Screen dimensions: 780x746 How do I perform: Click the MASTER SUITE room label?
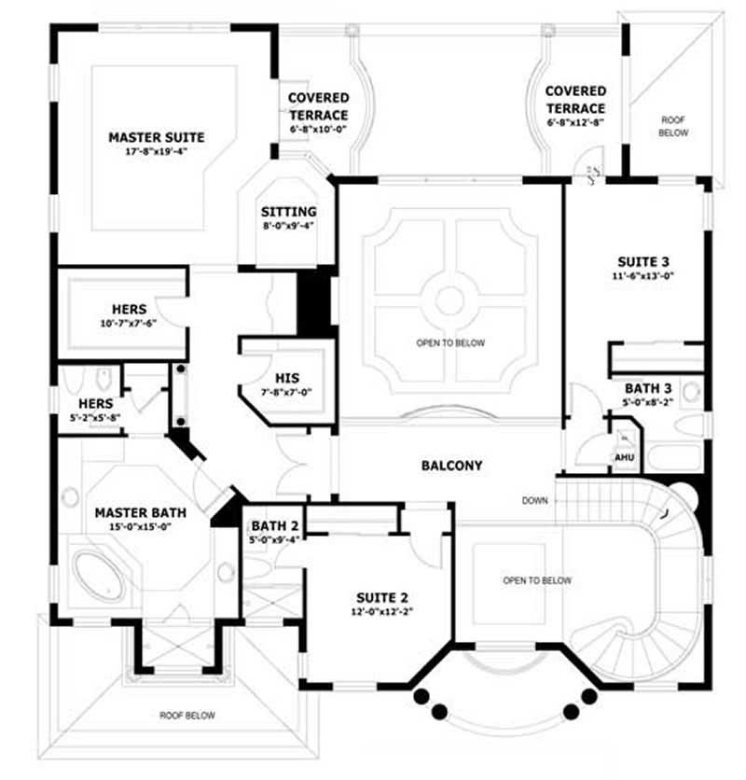click(156, 137)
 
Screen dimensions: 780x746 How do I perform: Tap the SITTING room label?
click(288, 212)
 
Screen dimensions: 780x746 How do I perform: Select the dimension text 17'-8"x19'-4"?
click(156, 151)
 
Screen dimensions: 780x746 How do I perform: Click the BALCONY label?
click(451, 465)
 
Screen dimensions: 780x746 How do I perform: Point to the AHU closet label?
click(624, 458)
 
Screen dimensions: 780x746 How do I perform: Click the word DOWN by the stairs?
click(535, 501)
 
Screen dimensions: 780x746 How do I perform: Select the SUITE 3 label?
click(644, 261)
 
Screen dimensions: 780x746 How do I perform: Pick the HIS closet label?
click(286, 378)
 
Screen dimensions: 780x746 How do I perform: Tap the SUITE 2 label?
click(382, 598)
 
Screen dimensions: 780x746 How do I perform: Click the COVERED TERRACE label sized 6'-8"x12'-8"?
click(575, 100)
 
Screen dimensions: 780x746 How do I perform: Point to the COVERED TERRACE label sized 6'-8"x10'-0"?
click(318, 105)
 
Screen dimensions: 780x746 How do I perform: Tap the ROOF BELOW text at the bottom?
click(186, 716)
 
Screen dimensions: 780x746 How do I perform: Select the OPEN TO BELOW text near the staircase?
click(537, 580)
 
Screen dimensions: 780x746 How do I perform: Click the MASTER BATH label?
click(141, 512)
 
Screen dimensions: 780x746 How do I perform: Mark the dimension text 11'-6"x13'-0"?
click(644, 276)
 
